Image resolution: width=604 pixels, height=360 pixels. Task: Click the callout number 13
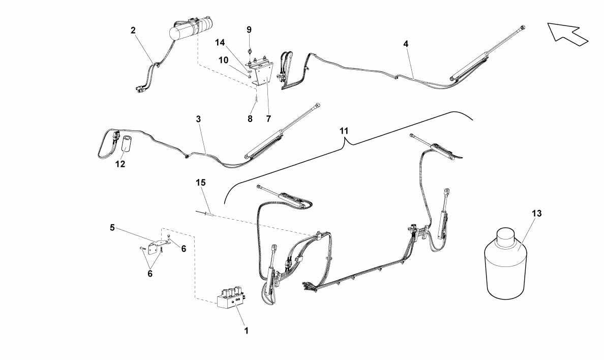click(536, 213)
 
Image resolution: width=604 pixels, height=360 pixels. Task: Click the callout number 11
click(344, 131)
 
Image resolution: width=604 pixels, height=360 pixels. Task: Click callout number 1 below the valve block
click(246, 331)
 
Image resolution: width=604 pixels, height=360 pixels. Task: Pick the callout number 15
click(201, 183)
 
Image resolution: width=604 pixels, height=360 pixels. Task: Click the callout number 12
click(120, 164)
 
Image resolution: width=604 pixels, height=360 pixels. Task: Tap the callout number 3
click(198, 119)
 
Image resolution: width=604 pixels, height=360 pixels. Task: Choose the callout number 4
click(406, 44)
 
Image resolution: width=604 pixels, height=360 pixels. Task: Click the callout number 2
click(133, 30)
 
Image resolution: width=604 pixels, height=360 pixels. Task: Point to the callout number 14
click(220, 42)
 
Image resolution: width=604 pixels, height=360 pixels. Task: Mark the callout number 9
click(249, 29)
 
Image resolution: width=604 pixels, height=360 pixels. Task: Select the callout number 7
click(268, 118)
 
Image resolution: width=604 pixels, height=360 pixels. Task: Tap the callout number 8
click(250, 118)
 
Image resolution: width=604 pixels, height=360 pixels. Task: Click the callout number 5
click(112, 227)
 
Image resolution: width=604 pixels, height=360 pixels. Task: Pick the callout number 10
click(223, 60)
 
